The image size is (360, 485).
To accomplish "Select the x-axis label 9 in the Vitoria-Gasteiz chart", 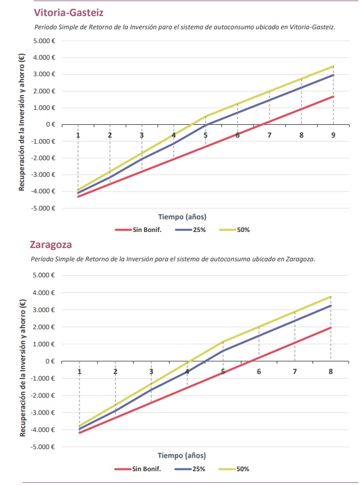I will tap(333, 135).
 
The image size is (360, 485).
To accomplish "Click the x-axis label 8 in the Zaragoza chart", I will tap(331, 371).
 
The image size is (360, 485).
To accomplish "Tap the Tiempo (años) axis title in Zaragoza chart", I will tap(182, 456).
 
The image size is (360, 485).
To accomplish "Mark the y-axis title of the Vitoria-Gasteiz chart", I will tap(22, 123).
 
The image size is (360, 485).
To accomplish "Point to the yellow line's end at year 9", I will tap(333, 66).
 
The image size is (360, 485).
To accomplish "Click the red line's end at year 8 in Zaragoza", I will tap(331, 328).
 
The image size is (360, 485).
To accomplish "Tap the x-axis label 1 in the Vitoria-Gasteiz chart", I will tap(78, 135).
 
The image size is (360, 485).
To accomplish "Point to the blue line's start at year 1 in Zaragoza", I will tap(80, 429).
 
